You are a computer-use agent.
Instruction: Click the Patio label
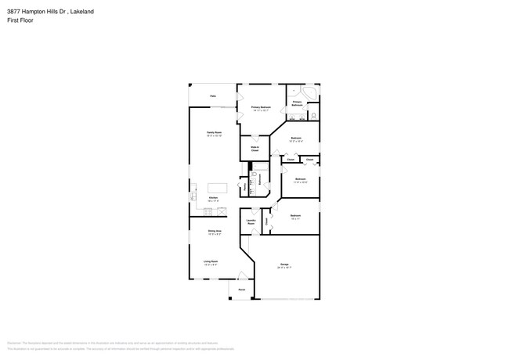coord(212,96)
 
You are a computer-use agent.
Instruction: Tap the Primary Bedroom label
coord(261,107)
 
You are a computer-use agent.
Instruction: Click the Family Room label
coord(212,133)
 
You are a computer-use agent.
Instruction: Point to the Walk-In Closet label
coord(255,148)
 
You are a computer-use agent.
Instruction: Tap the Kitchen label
coord(212,199)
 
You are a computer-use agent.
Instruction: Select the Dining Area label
coord(213,231)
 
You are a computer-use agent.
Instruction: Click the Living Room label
coord(211,261)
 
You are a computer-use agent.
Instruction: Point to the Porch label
coord(241,290)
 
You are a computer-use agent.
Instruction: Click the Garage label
coord(284,265)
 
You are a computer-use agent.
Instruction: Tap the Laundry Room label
coord(252,222)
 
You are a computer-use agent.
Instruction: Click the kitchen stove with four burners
coord(222,210)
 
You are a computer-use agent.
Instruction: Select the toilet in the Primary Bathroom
coord(312,117)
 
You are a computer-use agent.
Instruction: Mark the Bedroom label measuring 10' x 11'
coord(295,216)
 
